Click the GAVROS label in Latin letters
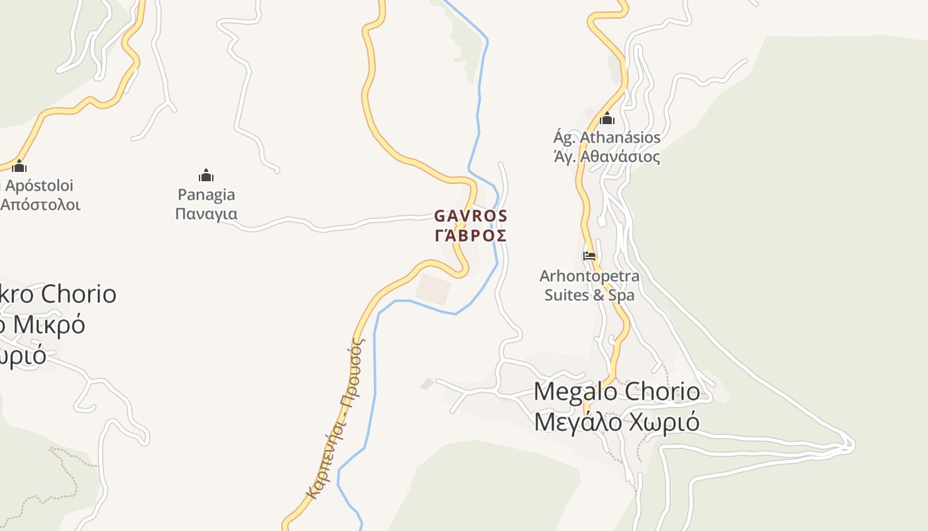pyautogui.click(x=471, y=216)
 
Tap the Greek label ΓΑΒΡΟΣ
pyautogui.click(x=471, y=236)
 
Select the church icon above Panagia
pyautogui.click(x=206, y=176)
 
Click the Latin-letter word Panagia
pyautogui.click(x=206, y=195)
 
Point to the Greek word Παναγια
pyautogui.click(x=206, y=214)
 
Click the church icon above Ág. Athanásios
pyautogui.click(x=607, y=119)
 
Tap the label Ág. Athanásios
pyautogui.click(x=607, y=137)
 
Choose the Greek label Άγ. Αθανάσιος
pyautogui.click(x=607, y=157)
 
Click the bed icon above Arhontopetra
pyautogui.click(x=589, y=256)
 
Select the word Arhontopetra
pyautogui.click(x=589, y=275)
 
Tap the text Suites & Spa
pyautogui.click(x=589, y=295)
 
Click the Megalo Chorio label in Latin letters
pyautogui.click(x=616, y=392)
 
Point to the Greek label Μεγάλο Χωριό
pyautogui.click(x=616, y=421)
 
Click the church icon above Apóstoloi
pyautogui.click(x=19, y=166)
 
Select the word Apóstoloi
pyautogui.click(x=39, y=186)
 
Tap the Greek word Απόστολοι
pyautogui.click(x=40, y=204)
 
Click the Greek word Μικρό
pyautogui.click(x=49, y=325)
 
